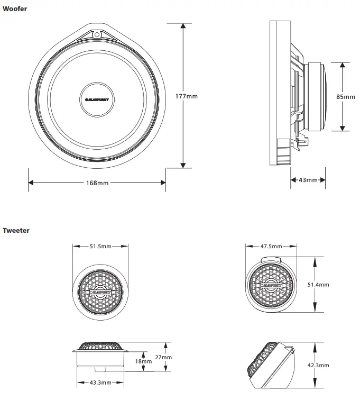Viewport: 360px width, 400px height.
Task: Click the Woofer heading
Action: (x=15, y=9)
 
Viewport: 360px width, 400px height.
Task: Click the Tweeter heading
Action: (x=16, y=230)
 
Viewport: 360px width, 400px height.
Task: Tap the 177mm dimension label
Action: (x=186, y=96)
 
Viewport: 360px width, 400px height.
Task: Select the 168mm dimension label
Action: (x=97, y=183)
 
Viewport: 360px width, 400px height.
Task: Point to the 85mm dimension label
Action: (x=346, y=97)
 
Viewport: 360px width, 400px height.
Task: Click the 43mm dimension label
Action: (x=308, y=180)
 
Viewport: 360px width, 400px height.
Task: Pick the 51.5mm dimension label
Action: (x=100, y=246)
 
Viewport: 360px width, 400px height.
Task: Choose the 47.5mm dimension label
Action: (x=271, y=246)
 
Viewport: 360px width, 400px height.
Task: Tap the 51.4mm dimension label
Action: (x=318, y=285)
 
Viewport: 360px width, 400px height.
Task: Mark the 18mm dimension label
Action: (x=143, y=361)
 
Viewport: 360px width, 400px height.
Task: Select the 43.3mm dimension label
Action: (x=100, y=382)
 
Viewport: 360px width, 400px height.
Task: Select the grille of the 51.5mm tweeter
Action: (x=100, y=291)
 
